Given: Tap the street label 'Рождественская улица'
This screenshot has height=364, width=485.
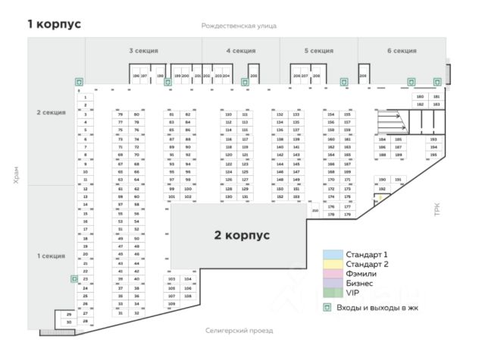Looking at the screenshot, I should (x=239, y=26).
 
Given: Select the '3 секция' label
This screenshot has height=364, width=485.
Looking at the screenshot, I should (x=143, y=51).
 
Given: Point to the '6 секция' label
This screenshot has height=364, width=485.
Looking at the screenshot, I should (x=402, y=51).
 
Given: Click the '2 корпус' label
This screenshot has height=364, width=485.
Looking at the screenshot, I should (x=242, y=235).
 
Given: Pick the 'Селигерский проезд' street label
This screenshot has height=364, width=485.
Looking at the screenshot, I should (x=239, y=331).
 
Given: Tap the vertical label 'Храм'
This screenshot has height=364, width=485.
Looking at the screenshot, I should (x=16, y=176).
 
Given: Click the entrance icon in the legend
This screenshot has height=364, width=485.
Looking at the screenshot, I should (x=328, y=308).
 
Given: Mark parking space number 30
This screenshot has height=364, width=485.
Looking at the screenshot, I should (x=69, y=322).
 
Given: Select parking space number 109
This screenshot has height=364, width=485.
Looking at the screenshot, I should (x=171, y=304).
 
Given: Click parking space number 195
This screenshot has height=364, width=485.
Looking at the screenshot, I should (x=433, y=155).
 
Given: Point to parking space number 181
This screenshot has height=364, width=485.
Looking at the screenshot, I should (x=436, y=97).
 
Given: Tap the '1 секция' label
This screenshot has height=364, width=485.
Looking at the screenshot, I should (x=52, y=256).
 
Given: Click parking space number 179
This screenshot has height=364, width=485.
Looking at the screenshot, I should (x=347, y=215).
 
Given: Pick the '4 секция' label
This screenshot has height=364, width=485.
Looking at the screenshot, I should (x=240, y=51).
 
